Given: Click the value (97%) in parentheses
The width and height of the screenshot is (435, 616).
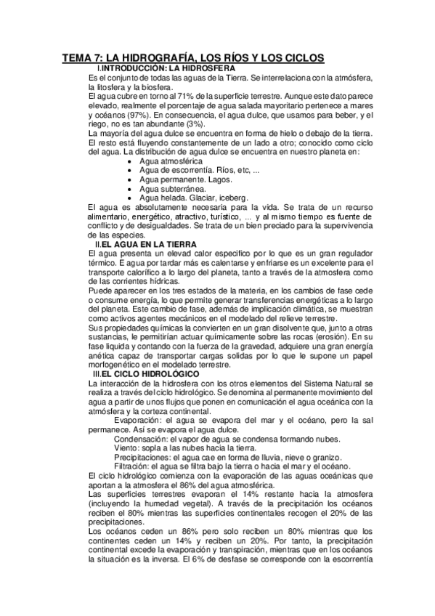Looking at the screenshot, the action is (136, 115).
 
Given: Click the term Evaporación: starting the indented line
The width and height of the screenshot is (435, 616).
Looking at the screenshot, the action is (139, 420).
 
